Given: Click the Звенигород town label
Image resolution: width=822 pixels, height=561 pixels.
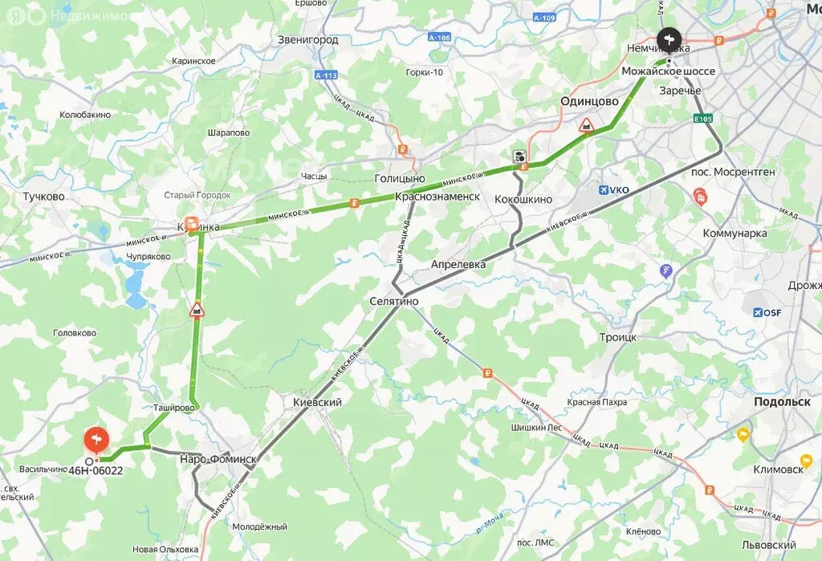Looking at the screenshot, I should click(x=307, y=39).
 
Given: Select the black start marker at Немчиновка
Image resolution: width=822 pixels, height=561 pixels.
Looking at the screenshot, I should click(x=669, y=40).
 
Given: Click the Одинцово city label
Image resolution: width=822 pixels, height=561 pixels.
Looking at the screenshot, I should click(x=589, y=102).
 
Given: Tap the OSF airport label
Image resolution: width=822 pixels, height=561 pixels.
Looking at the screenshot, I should click(x=767, y=312).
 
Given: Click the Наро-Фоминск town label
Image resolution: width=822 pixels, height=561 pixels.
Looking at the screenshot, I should click(x=218, y=459).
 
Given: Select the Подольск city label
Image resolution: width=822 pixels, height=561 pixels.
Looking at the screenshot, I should click(x=782, y=402).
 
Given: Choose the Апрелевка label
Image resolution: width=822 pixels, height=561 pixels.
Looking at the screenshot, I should click(x=458, y=264).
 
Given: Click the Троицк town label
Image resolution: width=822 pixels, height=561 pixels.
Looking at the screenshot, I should click(x=617, y=338).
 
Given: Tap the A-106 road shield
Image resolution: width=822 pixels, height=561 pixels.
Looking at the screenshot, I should click(x=438, y=37).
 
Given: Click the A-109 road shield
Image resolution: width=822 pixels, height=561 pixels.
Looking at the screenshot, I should click(x=544, y=18).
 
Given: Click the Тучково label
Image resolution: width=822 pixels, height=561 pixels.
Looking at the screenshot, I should click(x=43, y=197).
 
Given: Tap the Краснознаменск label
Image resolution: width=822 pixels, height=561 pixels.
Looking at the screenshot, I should click(x=437, y=197).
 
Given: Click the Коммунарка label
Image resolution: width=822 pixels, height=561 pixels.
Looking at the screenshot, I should click(x=735, y=234).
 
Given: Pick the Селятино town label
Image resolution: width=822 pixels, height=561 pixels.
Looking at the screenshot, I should click(x=394, y=301).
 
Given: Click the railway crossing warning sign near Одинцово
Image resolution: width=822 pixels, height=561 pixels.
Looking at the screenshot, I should click(x=587, y=127).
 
